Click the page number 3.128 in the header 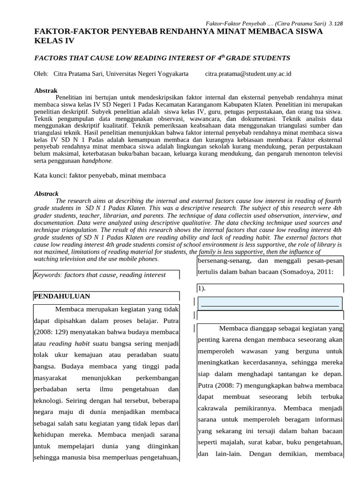[336, 23]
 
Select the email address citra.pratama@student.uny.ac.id [248, 74]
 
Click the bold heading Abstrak [46, 90]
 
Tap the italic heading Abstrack [46, 193]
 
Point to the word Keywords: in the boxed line [48, 275]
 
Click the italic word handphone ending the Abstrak [97, 161]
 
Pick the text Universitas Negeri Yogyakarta [148, 74]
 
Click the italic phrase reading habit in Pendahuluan [69, 344]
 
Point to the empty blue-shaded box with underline [270, 303]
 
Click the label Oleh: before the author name [41, 74]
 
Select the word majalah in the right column [233, 442]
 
